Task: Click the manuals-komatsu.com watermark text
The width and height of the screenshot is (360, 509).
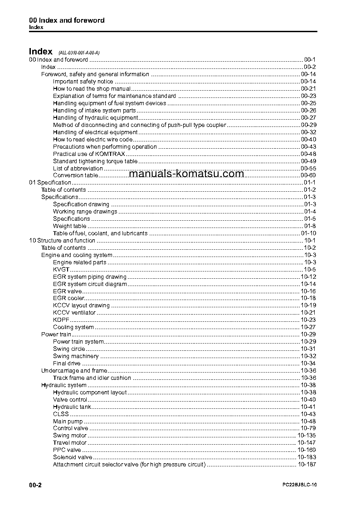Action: (x=186, y=174)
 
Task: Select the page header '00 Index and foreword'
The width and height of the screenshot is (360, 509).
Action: (x=67, y=20)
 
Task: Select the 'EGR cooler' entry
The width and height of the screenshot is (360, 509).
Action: (x=68, y=298)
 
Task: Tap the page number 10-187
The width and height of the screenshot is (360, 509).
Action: (x=307, y=465)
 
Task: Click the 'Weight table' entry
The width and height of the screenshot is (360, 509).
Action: (x=69, y=226)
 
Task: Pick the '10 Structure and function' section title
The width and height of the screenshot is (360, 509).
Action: (x=62, y=241)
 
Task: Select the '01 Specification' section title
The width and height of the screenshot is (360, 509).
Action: (x=50, y=183)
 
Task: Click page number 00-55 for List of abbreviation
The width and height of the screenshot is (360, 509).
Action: (x=308, y=169)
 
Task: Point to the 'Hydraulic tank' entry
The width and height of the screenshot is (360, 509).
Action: (x=72, y=407)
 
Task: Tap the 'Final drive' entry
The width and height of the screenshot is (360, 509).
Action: (x=67, y=364)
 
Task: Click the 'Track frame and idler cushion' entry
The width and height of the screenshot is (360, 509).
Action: (x=92, y=378)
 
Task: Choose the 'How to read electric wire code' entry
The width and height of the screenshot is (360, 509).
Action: (x=92, y=140)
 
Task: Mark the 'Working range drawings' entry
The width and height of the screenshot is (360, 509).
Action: (x=85, y=212)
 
